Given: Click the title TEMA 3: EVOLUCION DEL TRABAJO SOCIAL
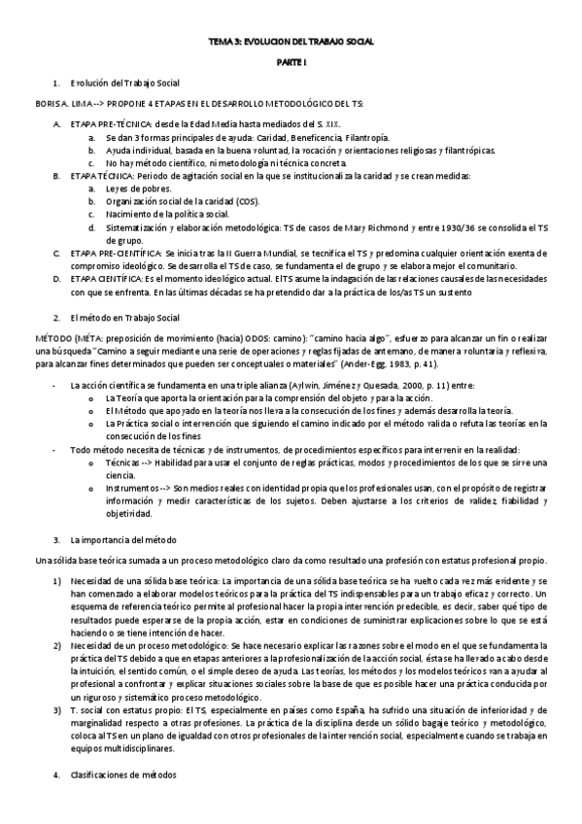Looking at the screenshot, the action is [291, 42].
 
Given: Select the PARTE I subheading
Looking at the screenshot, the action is [291, 61].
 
